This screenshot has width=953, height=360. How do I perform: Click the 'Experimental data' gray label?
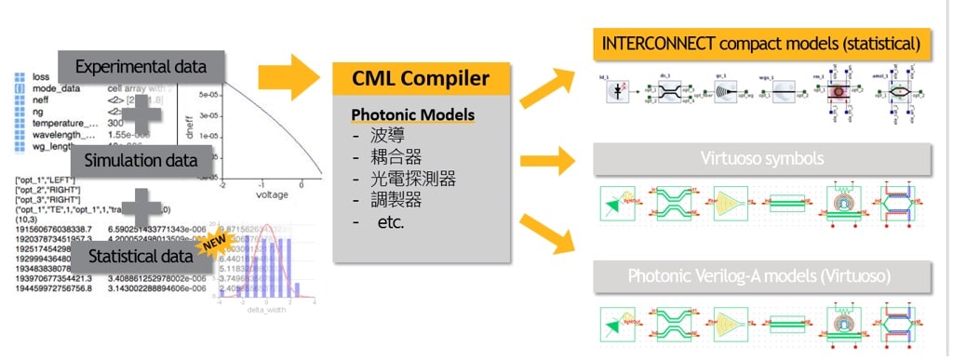click(141, 67)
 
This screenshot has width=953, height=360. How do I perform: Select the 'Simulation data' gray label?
click(141, 160)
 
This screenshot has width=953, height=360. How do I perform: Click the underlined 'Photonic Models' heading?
click(412, 115)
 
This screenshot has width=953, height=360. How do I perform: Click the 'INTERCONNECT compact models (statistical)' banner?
click(761, 44)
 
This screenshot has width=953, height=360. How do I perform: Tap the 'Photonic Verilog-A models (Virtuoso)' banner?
click(761, 275)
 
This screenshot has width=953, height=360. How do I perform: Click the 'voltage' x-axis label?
click(266, 196)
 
